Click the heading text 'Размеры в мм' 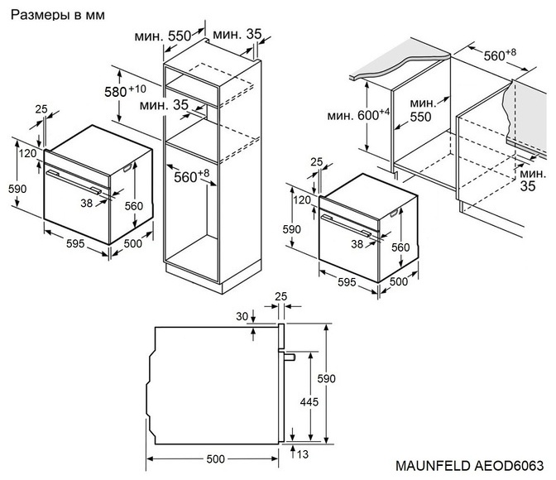tap(52, 16)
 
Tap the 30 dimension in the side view tap(242, 316)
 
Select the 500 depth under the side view tap(217, 459)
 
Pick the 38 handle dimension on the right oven tap(357, 243)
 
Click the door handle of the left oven tap(74, 181)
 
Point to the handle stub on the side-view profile tap(290, 356)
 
